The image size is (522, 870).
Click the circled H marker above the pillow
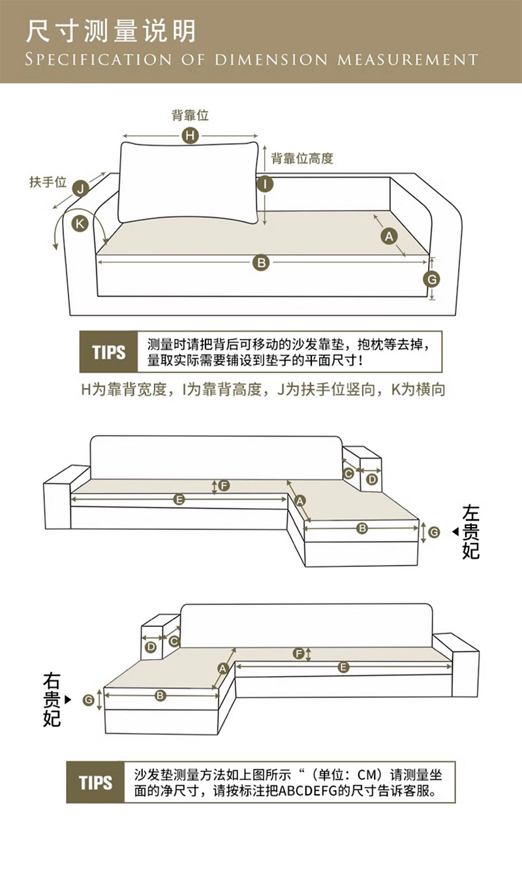(189, 135)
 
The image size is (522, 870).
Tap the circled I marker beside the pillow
(264, 184)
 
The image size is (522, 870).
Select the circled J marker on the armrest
(80, 189)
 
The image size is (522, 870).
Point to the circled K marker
(80, 223)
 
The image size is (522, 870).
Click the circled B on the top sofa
(261, 263)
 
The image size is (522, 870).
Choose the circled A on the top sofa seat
(390, 236)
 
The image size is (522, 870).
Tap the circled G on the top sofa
(431, 280)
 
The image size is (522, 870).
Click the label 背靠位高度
(302, 158)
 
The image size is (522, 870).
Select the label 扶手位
(48, 182)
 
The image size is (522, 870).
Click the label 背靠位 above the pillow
(190, 116)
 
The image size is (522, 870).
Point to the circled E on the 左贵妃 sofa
(179, 500)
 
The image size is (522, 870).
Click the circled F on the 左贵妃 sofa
(224, 485)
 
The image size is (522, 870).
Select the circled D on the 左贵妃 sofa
(371, 479)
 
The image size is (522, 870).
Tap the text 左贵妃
(470, 532)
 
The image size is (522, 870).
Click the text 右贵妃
(52, 699)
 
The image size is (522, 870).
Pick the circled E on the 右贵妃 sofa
(343, 667)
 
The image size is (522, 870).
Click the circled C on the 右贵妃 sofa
(174, 641)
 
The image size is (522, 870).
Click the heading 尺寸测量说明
(111, 31)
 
